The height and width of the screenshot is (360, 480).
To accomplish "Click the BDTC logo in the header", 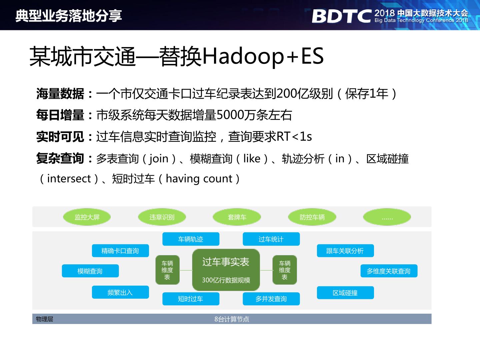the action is coord(341,16).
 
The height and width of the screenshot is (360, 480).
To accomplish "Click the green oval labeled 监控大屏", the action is coord(87,217).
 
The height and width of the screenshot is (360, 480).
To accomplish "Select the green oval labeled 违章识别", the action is coord(162,217).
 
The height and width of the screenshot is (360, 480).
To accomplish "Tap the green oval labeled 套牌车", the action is coord(237,217).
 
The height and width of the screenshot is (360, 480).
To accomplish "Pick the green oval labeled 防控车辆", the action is coord(312,217).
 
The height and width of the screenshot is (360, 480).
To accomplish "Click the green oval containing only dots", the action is coord(387,217).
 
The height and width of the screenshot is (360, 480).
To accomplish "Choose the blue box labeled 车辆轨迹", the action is coord(191,239).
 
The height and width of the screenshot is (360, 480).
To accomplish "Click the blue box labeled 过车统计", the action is coord(271,239).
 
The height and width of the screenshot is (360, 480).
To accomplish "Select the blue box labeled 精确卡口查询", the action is coord(120,251).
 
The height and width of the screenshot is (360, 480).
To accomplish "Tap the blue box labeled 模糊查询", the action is coord(90,271).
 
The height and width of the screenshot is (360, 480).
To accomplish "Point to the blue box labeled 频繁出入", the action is coord(120,292).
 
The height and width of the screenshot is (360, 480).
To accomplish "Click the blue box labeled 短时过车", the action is coord(191,299).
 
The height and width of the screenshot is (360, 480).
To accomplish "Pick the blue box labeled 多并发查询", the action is coord(271,299).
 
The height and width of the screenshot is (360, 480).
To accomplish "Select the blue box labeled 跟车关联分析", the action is coord(345,251).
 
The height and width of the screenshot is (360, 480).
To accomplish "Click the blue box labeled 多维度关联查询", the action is coord(389,271).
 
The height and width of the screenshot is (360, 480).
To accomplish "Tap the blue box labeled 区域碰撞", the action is coord(345,293).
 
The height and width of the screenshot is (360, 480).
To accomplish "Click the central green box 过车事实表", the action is coord(226,270).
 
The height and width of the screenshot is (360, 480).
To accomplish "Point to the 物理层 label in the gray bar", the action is coord(45,319).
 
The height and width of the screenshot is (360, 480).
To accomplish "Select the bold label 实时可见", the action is coord(60,137).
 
